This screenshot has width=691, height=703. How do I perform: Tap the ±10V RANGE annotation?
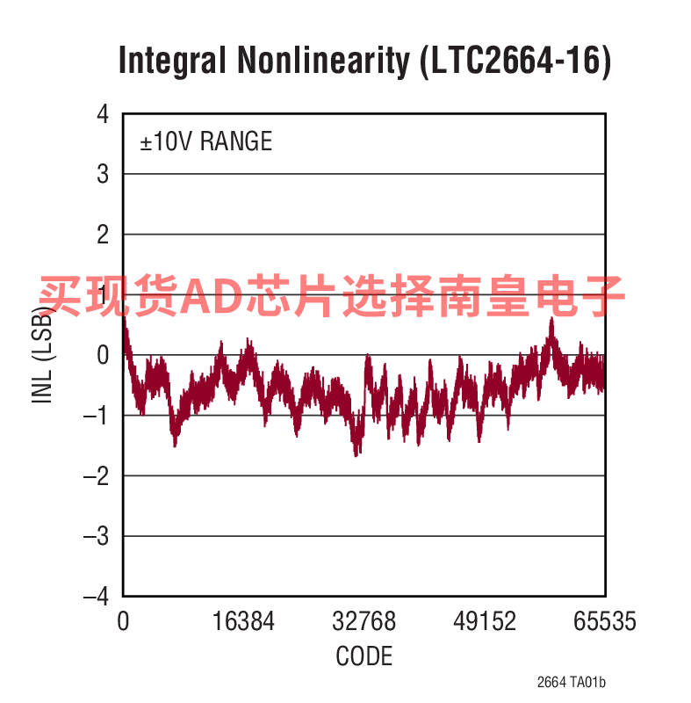click(206, 141)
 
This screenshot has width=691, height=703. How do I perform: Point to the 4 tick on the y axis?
click(103, 114)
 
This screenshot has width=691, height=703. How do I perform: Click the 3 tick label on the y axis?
click(103, 174)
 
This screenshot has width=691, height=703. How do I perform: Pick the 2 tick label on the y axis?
click(103, 235)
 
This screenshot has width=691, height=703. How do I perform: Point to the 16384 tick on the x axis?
click(243, 622)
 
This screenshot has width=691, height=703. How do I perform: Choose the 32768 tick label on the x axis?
click(364, 622)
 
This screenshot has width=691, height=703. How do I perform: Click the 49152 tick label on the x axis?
click(485, 622)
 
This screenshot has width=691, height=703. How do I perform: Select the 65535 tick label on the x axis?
click(605, 622)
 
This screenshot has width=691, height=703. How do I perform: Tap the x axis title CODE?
click(364, 656)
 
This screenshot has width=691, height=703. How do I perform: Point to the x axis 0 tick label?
click(123, 622)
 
